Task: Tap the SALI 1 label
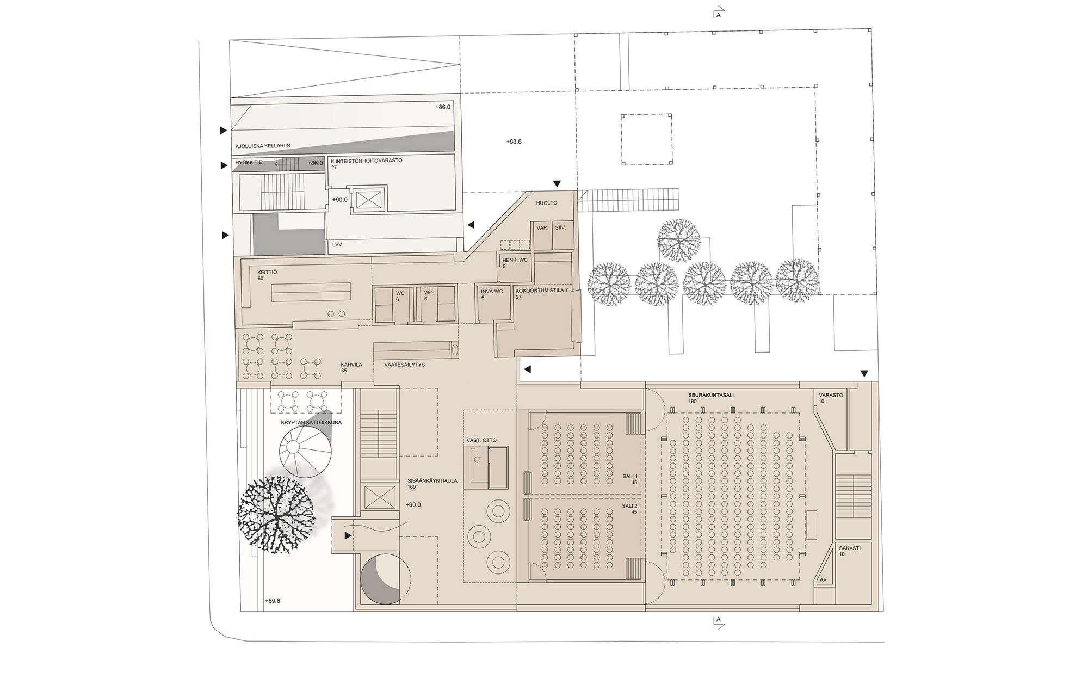pyautogui.click(x=630, y=476)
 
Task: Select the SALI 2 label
pyautogui.click(x=630, y=506)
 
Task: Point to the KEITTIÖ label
pyautogui.click(x=268, y=272)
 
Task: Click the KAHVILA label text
pyautogui.click(x=351, y=365)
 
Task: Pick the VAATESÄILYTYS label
pyautogui.click(x=405, y=365)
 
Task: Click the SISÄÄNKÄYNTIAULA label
pyautogui.click(x=432, y=480)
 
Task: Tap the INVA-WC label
pyautogui.click(x=492, y=291)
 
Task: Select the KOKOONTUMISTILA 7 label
pyautogui.click(x=542, y=291)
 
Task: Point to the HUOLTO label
pyautogui.click(x=547, y=203)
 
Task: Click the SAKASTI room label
pyautogui.click(x=850, y=548)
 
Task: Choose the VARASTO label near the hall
pyautogui.click(x=831, y=395)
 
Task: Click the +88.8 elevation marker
pyautogui.click(x=514, y=141)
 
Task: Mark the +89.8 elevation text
pyautogui.click(x=273, y=601)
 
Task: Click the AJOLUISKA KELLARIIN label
pyautogui.click(x=263, y=146)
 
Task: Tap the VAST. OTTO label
pyautogui.click(x=481, y=440)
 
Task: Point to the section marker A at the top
pyautogui.click(x=719, y=15)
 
